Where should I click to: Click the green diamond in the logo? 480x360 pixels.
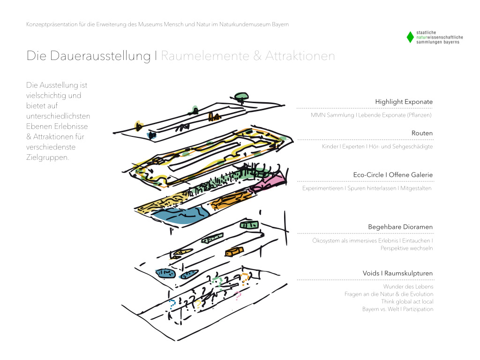[410, 37]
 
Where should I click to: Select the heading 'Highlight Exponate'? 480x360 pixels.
[404, 102]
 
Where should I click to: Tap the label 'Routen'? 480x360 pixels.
[422, 133]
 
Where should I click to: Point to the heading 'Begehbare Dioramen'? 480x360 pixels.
[400, 227]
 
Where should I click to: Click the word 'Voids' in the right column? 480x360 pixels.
[371, 273]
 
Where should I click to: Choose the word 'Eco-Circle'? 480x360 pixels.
[369, 175]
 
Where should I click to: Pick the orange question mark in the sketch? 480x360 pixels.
[245, 279]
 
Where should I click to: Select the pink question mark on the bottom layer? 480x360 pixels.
[238, 295]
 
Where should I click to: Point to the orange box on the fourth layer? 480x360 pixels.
[234, 252]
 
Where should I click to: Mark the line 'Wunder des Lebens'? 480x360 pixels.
[408, 286]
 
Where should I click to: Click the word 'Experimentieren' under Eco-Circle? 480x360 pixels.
[322, 188]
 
